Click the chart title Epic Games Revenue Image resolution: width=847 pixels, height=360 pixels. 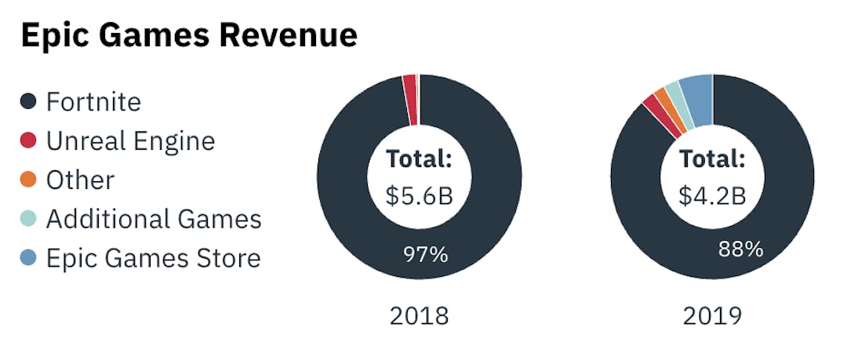point(189,35)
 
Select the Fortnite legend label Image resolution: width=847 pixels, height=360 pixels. point(93,102)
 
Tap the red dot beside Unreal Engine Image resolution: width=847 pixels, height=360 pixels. point(28,141)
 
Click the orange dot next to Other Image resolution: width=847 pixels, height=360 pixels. point(28,180)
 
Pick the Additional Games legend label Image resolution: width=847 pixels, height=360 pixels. point(154,220)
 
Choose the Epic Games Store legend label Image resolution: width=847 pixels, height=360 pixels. point(153,258)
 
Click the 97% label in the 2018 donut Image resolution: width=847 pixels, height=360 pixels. point(426,255)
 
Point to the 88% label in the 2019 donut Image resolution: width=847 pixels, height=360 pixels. point(740,249)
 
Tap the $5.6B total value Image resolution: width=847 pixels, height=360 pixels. point(419,195)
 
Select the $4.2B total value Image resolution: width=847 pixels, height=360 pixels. point(712,195)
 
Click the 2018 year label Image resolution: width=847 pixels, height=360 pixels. point(419,316)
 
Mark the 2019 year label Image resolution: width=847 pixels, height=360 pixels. point(712,316)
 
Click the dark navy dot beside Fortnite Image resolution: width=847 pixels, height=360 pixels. point(28,102)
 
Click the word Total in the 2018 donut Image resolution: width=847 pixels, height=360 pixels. point(419,159)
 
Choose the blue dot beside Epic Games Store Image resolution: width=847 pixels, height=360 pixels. point(28,258)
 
